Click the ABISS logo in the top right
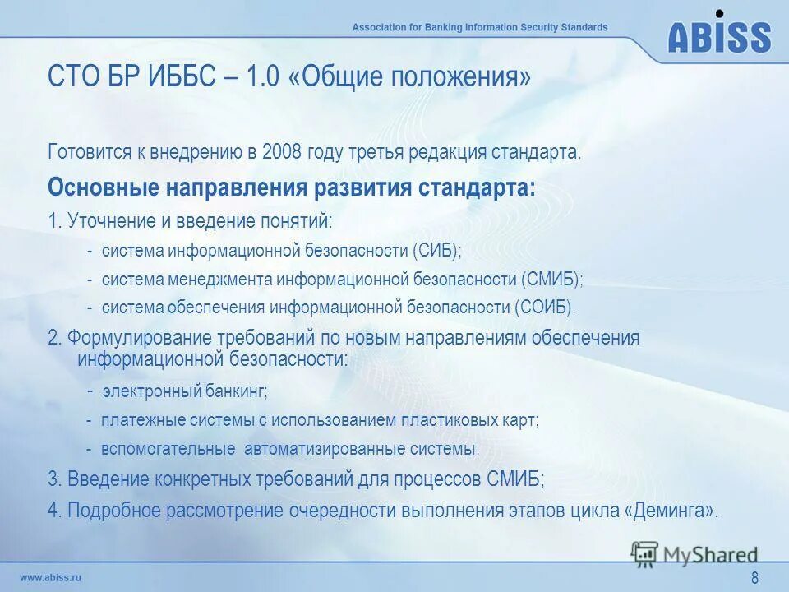pyautogui.click(x=719, y=35)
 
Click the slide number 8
pyautogui.click(x=754, y=578)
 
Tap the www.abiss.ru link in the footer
pyautogui.click(x=50, y=577)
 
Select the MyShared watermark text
pyautogui.click(x=709, y=555)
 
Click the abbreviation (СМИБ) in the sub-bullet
pyautogui.click(x=551, y=280)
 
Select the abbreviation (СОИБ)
pyautogui.click(x=546, y=308)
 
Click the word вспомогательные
pyautogui.click(x=168, y=449)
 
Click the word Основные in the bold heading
pyautogui.click(x=104, y=187)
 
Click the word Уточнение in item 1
pyautogui.click(x=109, y=221)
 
